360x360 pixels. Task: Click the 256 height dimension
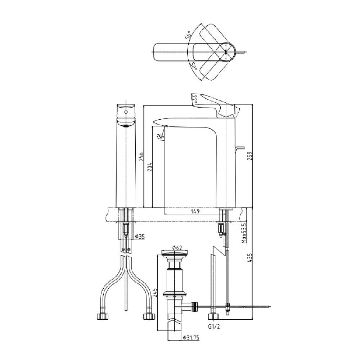pos(141,156)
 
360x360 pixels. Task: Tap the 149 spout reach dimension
pos(195,211)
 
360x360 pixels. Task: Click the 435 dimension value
pos(250,258)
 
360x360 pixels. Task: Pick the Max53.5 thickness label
pos(244,233)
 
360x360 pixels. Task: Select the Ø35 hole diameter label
pos(140,237)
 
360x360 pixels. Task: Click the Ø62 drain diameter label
pos(177,248)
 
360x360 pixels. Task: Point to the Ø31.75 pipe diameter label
pos(190,338)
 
